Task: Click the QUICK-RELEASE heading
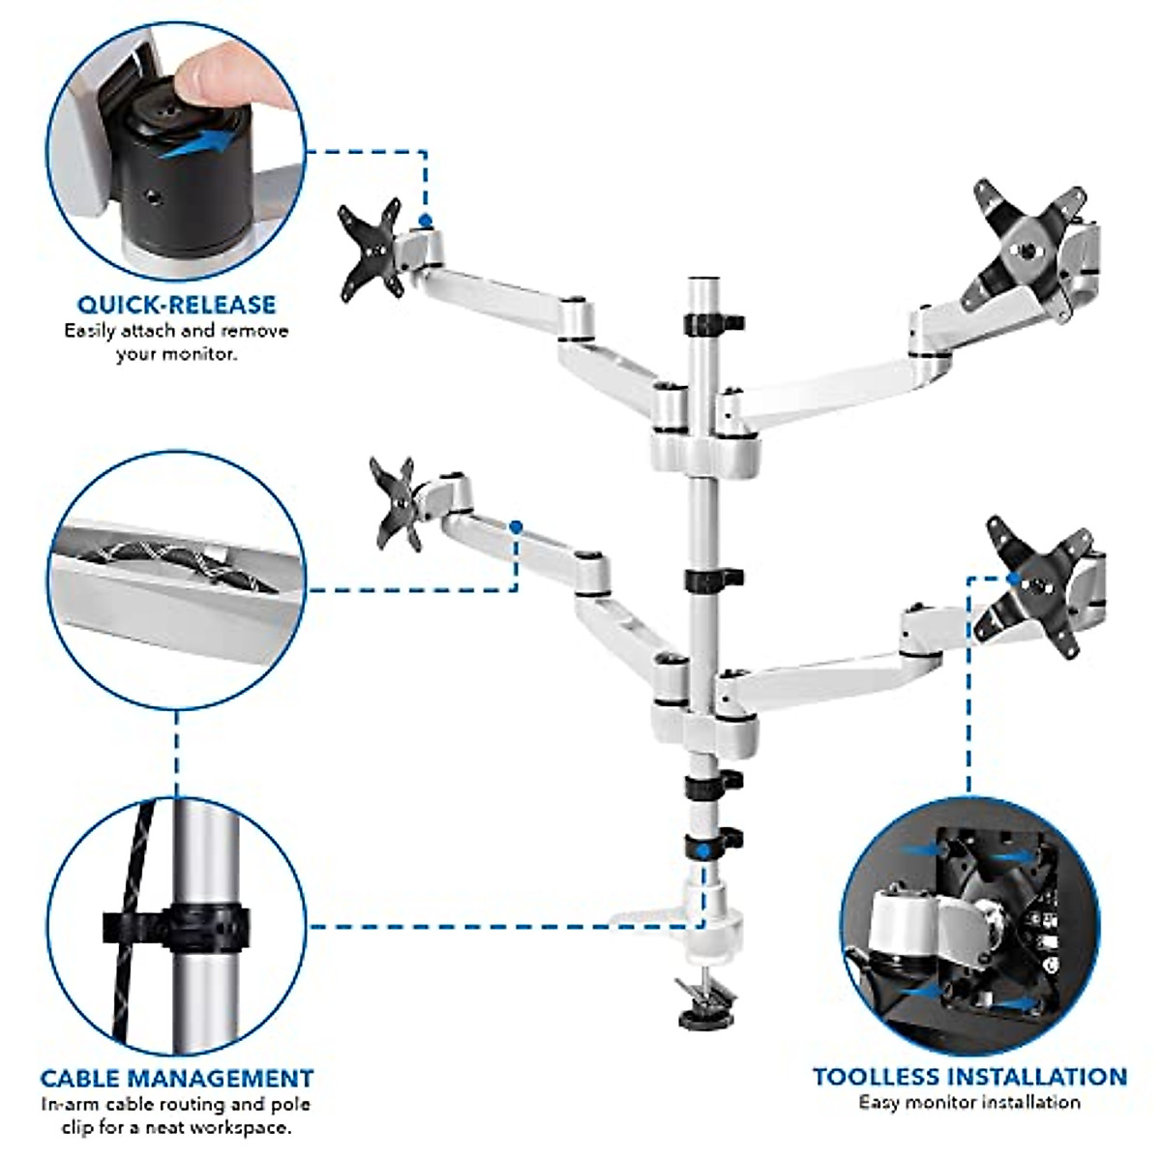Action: pos(176,304)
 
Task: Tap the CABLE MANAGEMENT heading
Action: pos(176,1078)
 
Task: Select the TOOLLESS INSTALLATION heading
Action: pos(969,1077)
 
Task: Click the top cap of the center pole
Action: pos(703,283)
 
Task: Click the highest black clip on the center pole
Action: pos(712,321)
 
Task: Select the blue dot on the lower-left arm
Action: pos(516,527)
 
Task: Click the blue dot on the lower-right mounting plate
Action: pos(1013,578)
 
